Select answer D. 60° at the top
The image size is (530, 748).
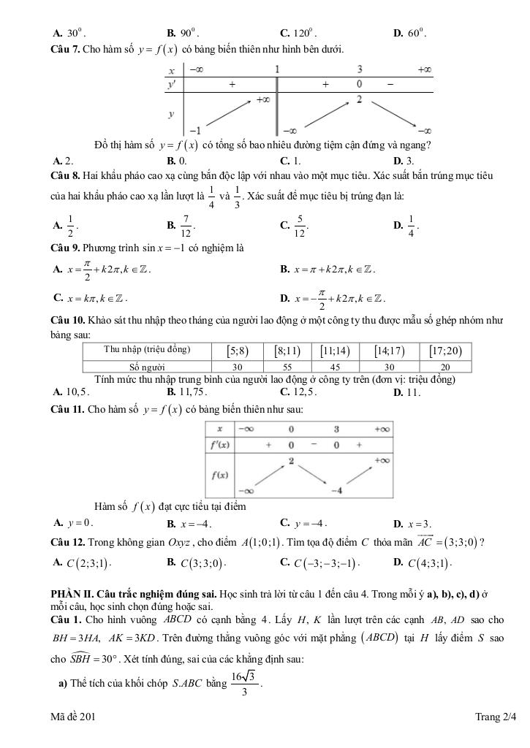[x=410, y=33]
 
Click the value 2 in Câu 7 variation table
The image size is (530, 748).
[x=360, y=99]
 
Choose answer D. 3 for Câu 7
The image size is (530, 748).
[x=404, y=160]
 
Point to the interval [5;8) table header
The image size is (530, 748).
[x=238, y=351]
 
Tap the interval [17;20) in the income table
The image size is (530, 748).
[x=446, y=351]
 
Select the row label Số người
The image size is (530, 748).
[x=147, y=367]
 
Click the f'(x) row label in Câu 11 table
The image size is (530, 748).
[x=220, y=444]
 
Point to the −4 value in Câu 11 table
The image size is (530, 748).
[x=336, y=489]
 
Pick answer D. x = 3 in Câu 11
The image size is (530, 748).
[x=412, y=524]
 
